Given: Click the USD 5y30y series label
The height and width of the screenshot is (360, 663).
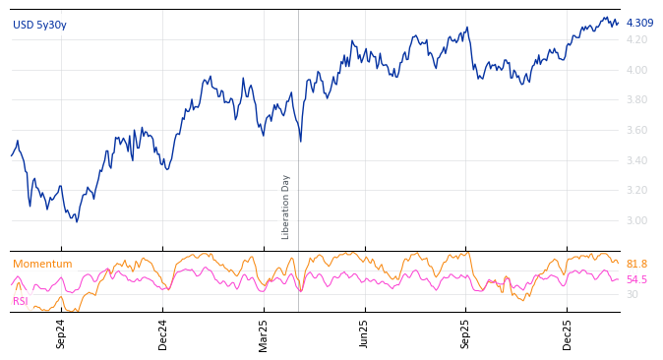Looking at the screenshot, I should pyautogui.click(x=39, y=25).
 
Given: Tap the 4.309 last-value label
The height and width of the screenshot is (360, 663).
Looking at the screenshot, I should pyautogui.click(x=639, y=23).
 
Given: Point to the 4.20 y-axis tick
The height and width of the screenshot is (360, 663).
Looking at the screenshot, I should pyautogui.click(x=637, y=39).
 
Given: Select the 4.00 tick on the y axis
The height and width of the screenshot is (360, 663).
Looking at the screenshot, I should pyautogui.click(x=637, y=70).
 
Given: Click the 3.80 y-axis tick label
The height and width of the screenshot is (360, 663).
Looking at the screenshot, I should pyautogui.click(x=637, y=99).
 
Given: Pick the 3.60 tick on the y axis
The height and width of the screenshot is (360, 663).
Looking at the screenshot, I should pyautogui.click(x=637, y=130).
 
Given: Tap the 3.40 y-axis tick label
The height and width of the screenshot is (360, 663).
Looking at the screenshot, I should pyautogui.click(x=637, y=160).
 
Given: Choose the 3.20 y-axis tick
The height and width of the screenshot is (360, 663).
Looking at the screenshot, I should pyautogui.click(x=637, y=190).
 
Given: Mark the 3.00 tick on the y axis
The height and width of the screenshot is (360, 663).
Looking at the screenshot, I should pyautogui.click(x=637, y=220).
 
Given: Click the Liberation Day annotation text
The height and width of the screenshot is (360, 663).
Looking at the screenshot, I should pyautogui.click(x=286, y=207).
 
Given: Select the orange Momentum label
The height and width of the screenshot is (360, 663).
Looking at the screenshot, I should pyautogui.click(x=42, y=264).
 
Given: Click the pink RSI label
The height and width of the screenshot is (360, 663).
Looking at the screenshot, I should pyautogui.click(x=21, y=301).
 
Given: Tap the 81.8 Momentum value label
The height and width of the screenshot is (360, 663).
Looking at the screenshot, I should pyautogui.click(x=636, y=264).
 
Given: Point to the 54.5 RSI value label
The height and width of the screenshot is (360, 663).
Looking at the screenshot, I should pyautogui.click(x=636, y=279).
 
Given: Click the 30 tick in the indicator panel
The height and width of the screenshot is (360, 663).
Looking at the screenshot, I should pyautogui.click(x=632, y=294).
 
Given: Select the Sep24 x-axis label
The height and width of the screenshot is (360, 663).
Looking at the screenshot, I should pyautogui.click(x=61, y=333).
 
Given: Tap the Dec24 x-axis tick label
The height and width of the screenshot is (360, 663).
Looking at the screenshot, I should pyautogui.click(x=163, y=333).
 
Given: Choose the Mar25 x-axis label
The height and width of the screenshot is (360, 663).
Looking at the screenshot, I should pyautogui.click(x=264, y=333).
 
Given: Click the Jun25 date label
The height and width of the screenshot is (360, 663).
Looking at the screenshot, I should pyautogui.click(x=364, y=333).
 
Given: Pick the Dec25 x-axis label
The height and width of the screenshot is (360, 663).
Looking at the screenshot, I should pyautogui.click(x=568, y=333).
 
